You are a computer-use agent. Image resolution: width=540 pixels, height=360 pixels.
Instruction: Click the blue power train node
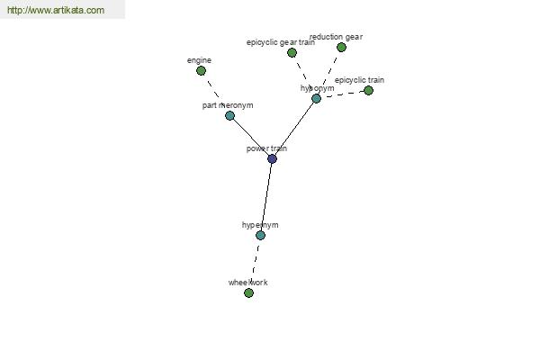coord(272,158)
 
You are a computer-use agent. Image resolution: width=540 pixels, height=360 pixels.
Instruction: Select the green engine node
coord(201,71)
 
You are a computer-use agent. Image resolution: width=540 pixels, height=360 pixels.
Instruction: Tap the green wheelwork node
coord(248,293)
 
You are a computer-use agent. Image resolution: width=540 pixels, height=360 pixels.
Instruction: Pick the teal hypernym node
coord(260,235)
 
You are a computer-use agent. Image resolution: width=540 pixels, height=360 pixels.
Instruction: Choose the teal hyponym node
coord(316,99)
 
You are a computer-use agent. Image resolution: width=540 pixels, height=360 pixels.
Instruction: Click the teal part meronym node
coord(229,116)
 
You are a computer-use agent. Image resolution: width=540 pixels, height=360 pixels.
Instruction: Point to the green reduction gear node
coord(341,47)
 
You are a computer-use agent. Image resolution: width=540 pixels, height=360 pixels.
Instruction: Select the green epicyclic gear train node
coord(292,53)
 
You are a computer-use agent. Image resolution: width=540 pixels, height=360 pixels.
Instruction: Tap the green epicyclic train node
coord(368,91)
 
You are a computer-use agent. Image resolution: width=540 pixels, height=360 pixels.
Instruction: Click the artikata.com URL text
coord(56,10)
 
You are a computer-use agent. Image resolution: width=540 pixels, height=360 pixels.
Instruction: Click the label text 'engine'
coord(199,60)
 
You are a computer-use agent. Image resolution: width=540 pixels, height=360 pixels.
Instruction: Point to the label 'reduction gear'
coord(336,37)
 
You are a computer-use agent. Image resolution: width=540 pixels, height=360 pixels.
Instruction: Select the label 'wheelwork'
coord(248,283)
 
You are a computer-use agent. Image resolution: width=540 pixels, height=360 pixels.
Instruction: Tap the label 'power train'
coord(266,148)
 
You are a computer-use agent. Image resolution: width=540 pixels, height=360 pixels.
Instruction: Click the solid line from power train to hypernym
coord(266,197)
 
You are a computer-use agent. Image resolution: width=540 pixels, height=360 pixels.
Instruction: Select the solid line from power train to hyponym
coord(294,129)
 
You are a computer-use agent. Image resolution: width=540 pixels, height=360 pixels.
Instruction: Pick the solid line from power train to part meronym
coord(251,137)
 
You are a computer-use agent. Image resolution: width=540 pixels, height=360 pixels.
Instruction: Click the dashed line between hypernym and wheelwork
coord(255,265)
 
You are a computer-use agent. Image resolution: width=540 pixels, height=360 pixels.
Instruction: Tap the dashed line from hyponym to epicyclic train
coord(345,94)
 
